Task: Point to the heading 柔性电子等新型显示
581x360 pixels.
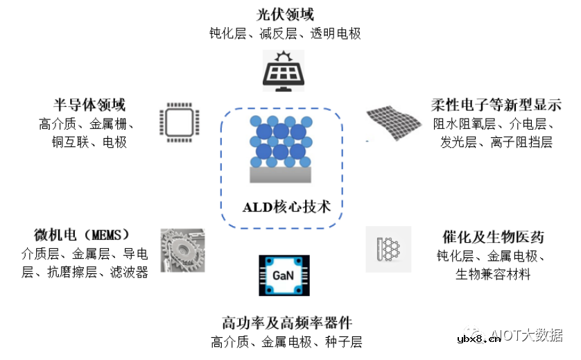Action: click(496, 105)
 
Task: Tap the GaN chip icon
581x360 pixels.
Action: click(284, 276)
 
